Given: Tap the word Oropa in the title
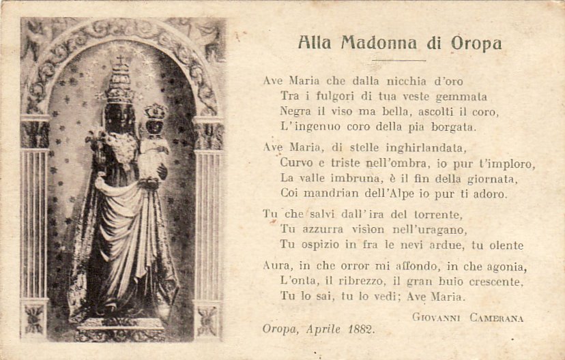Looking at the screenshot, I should pos(476,44).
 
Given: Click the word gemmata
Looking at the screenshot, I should pos(461,96).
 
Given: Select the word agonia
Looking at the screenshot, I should pos(503,267).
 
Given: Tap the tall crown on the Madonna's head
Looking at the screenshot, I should pos(121,80).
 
